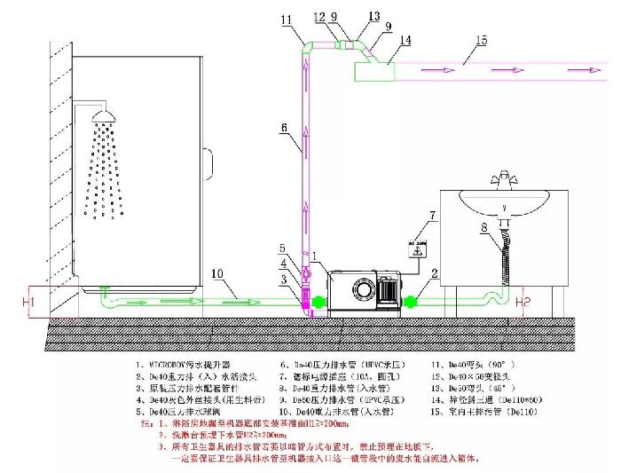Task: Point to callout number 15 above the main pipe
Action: pos(482,38)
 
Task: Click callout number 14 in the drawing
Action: pos(405,40)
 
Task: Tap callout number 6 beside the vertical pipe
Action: pos(284,128)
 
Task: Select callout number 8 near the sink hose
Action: pos(483,228)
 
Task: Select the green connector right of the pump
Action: pos(413,301)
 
